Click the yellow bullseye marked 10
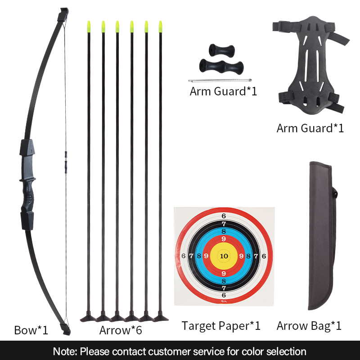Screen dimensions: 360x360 [224, 256]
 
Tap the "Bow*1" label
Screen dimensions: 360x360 [31, 330]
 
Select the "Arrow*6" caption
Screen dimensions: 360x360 [121, 330]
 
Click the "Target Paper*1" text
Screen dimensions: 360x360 [221, 325]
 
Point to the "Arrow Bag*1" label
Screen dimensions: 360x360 [309, 325]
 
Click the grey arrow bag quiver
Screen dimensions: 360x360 [321, 235]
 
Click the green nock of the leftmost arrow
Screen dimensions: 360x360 [89, 27]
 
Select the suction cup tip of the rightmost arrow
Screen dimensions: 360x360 [161, 317]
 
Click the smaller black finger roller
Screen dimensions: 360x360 [221, 50]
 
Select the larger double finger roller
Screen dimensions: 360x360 [221, 67]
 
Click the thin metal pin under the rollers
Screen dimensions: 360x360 [220, 81]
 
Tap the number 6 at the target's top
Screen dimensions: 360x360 [224, 216]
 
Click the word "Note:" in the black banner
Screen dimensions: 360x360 [65, 351]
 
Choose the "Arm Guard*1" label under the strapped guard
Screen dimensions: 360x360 [310, 128]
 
